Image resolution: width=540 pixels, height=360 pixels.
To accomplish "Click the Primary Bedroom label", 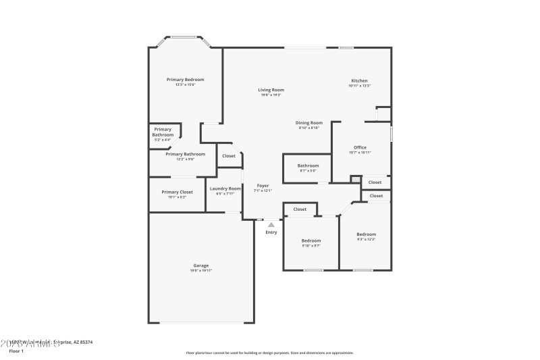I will [x=185, y=80].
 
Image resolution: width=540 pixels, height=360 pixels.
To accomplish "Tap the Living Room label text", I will [x=271, y=90].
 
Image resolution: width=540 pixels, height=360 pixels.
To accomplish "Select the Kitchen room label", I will [x=359, y=81].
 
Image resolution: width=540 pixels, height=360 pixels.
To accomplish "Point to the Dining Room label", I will [x=308, y=123].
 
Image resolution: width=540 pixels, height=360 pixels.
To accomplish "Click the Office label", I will [x=360, y=147].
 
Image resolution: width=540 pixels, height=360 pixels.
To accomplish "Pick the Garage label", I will [x=201, y=265].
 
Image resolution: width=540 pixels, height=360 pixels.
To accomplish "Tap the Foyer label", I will [x=263, y=185].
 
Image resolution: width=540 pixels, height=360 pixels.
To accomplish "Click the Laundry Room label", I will [x=225, y=188].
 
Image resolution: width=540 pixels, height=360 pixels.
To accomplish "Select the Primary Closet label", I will [x=177, y=192].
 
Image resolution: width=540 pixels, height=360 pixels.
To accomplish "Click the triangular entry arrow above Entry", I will [x=271, y=225].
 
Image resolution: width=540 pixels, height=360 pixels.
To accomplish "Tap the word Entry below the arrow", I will [x=271, y=232].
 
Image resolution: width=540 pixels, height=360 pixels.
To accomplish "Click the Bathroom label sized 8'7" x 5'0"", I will [x=308, y=165].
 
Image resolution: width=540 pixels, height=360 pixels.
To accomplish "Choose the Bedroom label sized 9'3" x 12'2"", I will [x=367, y=234].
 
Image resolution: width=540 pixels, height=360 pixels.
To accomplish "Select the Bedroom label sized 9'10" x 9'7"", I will [x=311, y=240].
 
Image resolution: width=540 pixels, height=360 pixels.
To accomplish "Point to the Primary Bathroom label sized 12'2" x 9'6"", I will [x=185, y=154].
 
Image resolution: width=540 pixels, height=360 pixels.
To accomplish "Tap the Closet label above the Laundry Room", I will [x=229, y=156].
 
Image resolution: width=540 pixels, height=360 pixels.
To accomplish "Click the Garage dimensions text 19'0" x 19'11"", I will [x=201, y=271].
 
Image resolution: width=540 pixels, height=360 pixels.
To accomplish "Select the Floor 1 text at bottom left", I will [x=16, y=352].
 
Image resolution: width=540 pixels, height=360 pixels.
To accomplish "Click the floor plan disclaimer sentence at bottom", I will [x=269, y=353].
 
